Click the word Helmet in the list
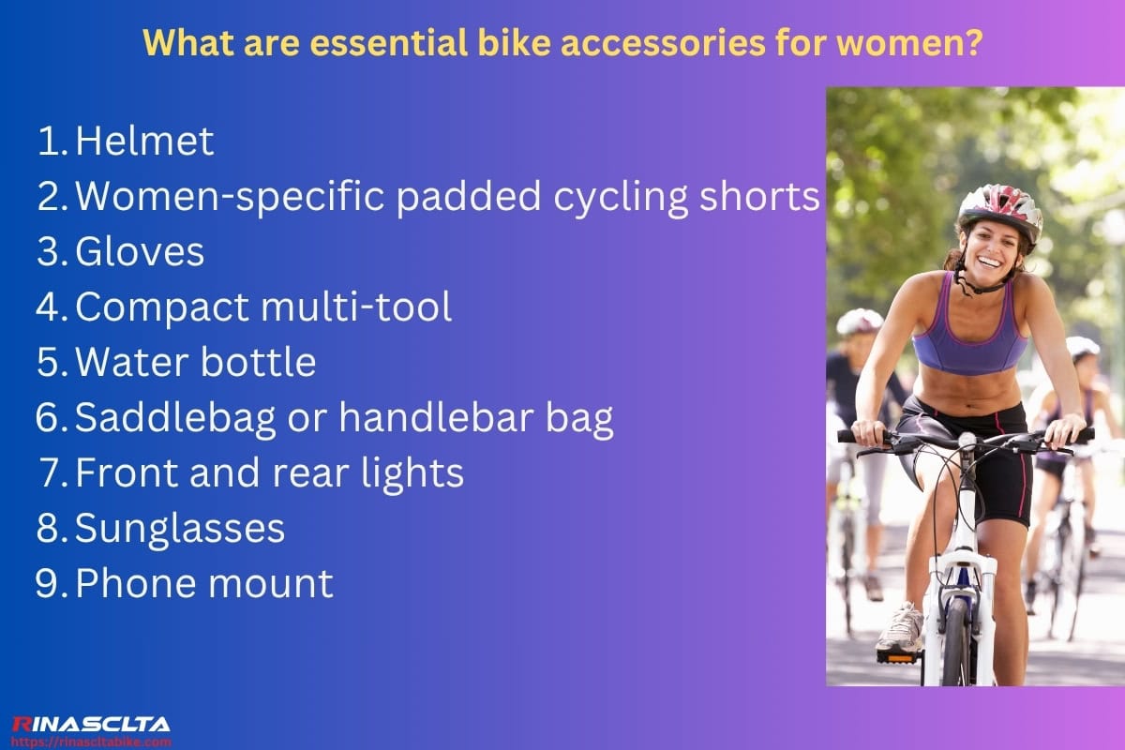pyautogui.click(x=144, y=142)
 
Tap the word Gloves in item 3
pyautogui.click(x=139, y=252)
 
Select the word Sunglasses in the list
pyautogui.click(x=179, y=530)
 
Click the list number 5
pyautogui.click(x=49, y=364)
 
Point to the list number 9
pyautogui.click(x=49, y=584)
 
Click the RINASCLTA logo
pyautogui.click(x=90, y=724)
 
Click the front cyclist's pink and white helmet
pyautogui.click(x=999, y=208)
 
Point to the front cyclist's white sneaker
pyautogui.click(x=901, y=629)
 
